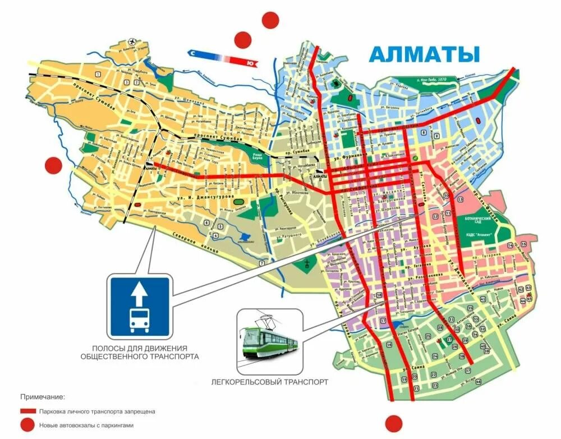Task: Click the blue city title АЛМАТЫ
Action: coord(425,54)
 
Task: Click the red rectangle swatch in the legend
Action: coord(29,411)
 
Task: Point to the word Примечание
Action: coord(43,396)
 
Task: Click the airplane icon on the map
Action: coord(132,42)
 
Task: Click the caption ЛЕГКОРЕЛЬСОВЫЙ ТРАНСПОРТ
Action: coord(270,382)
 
